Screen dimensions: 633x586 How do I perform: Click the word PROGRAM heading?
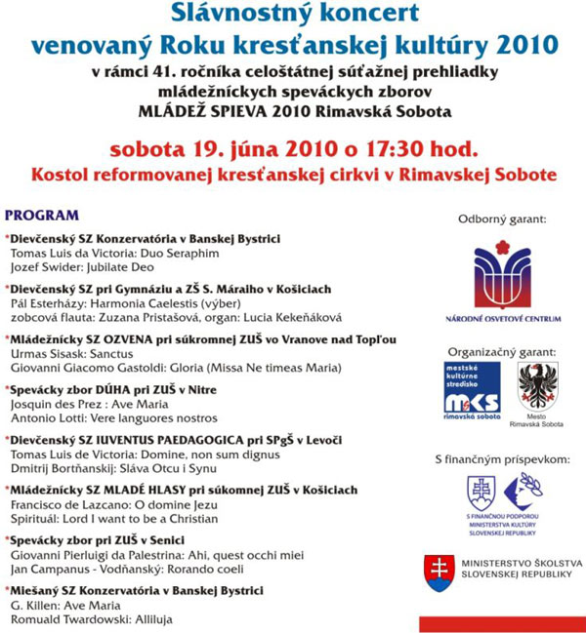tap(42, 215)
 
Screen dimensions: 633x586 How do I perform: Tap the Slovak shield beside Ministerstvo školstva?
tap(438, 572)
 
